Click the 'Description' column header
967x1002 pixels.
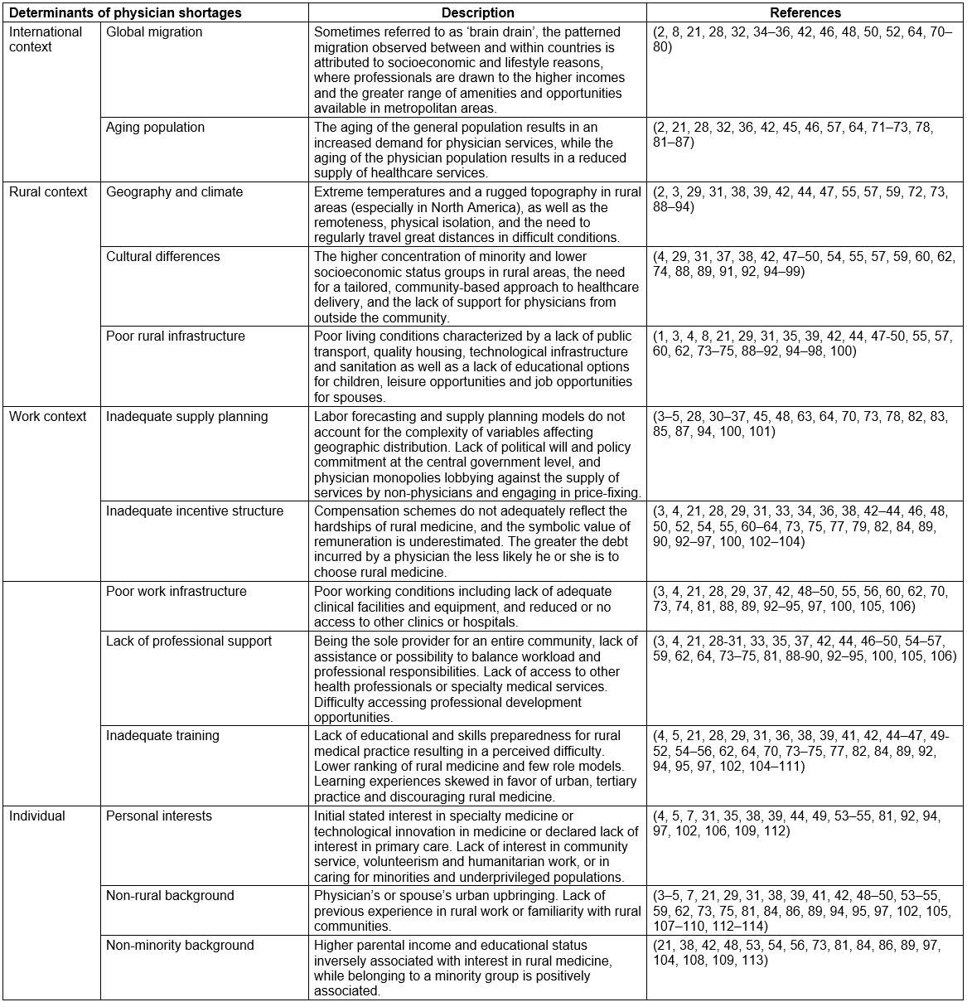[477, 13]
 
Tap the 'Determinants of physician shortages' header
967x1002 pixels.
[125, 13]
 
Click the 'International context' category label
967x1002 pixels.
[46, 39]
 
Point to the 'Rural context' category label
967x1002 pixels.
[48, 192]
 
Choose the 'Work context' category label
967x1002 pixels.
[48, 417]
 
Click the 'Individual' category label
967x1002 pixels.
[37, 816]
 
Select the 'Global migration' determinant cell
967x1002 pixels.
[154, 32]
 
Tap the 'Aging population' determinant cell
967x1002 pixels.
[155, 128]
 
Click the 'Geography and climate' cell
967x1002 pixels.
[174, 192]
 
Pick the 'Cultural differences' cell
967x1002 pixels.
[163, 257]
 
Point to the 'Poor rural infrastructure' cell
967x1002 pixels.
[176, 336]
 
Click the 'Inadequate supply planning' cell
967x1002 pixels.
[187, 417]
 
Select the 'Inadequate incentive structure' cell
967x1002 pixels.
[195, 511]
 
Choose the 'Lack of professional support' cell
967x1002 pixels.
[188, 641]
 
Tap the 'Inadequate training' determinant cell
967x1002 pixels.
[162, 736]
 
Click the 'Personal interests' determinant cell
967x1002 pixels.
[158, 816]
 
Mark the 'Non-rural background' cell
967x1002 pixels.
[170, 896]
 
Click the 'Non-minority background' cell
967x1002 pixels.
[180, 946]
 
